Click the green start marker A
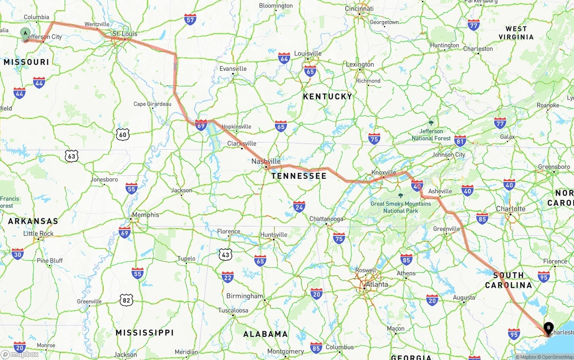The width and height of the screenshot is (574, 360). click(x=26, y=33)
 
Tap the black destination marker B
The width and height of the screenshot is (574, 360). click(x=548, y=328)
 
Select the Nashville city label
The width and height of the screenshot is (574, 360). click(x=266, y=161)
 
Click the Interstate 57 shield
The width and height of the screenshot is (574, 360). click(x=190, y=19)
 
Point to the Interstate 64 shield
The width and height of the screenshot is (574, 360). click(x=284, y=58)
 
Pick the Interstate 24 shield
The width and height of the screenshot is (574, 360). click(x=299, y=206)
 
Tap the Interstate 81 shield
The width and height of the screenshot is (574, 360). click(x=460, y=141)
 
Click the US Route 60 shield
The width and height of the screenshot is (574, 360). click(x=123, y=134)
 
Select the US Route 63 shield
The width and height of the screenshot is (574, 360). click(x=71, y=156)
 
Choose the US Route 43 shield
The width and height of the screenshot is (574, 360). click(x=226, y=255)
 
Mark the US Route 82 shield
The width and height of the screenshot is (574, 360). click(x=126, y=300)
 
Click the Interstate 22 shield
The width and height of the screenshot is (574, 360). click(x=227, y=277)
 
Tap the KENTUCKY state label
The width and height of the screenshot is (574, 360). click(x=327, y=96)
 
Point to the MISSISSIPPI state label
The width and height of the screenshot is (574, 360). click(x=144, y=333)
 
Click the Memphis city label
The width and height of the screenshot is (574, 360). click(x=145, y=215)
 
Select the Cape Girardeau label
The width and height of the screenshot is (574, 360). click(x=152, y=104)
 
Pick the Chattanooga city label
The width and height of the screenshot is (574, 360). click(x=326, y=219)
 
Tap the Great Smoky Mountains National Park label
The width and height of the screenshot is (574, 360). click(x=400, y=207)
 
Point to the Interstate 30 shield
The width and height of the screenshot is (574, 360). click(x=18, y=254)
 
